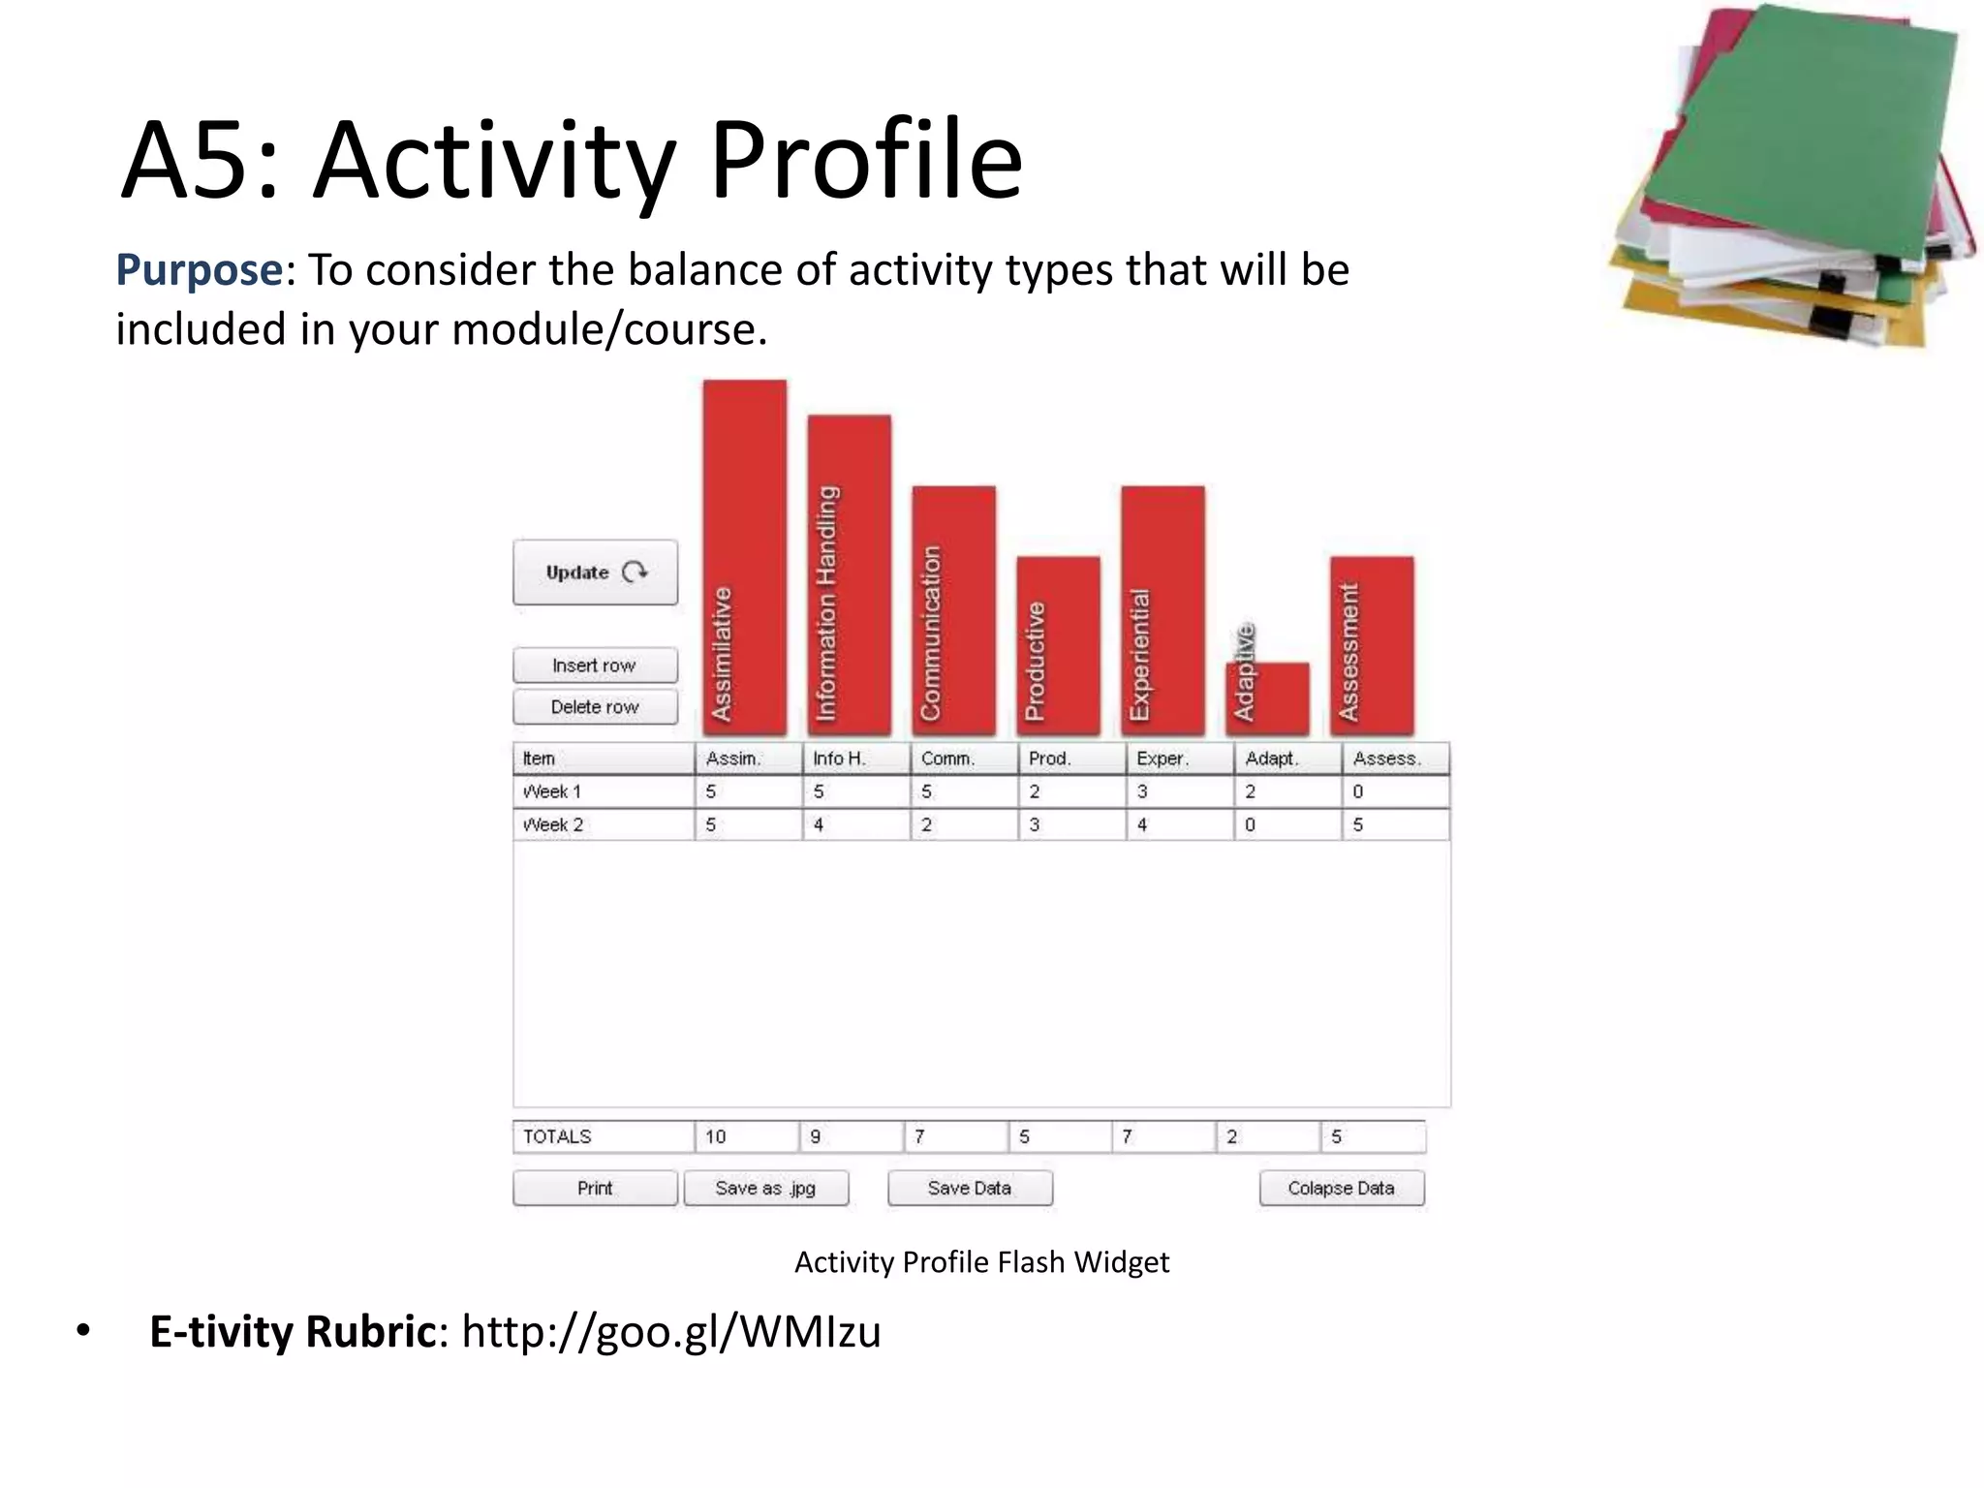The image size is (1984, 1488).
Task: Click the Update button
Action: point(595,573)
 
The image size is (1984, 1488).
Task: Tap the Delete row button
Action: point(595,707)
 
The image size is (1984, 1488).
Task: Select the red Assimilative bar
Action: point(745,557)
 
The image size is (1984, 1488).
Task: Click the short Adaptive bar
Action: point(1269,697)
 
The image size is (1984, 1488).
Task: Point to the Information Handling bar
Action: point(850,574)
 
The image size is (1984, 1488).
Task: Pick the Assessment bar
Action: point(1372,644)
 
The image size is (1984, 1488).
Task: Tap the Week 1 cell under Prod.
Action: point(1070,791)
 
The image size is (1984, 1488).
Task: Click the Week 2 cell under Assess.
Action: point(1394,824)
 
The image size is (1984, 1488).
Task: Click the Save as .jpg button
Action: point(765,1188)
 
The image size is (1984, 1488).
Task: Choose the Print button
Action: point(595,1188)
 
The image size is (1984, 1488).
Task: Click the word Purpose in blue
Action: point(199,270)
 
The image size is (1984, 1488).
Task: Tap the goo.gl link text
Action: point(670,1331)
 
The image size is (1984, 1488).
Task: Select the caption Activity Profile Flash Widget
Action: point(981,1262)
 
